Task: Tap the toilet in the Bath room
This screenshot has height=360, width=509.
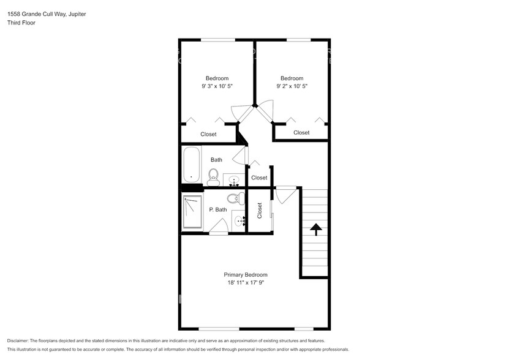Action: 213,178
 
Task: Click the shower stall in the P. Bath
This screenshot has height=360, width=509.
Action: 192,212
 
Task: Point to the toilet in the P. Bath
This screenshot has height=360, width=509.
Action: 233,199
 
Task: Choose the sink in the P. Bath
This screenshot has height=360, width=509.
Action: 239,221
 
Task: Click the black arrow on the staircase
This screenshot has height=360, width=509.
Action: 315,230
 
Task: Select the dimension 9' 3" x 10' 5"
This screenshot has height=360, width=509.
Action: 217,87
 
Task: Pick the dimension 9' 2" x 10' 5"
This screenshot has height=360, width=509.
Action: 292,87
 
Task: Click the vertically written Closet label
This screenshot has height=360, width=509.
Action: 260,211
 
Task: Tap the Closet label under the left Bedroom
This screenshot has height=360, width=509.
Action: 208,134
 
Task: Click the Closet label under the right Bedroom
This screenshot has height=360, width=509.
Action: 301,132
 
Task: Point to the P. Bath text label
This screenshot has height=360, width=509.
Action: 217,209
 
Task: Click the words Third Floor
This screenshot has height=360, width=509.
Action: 22,23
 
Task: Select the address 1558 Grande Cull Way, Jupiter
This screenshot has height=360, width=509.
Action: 47,13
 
